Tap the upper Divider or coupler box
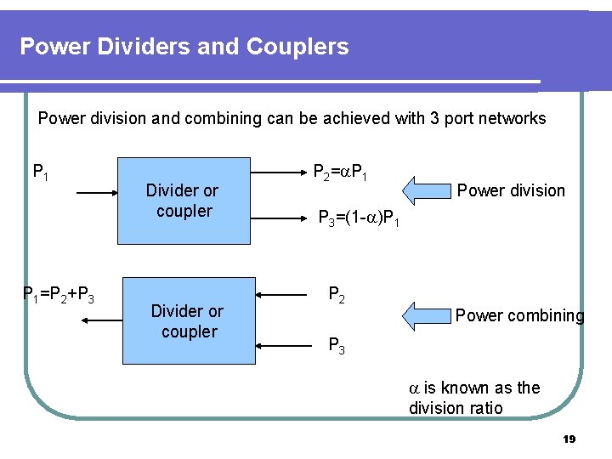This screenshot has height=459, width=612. tap(182, 201)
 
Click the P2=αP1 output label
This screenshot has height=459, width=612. tap(340, 173)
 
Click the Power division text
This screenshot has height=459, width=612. tap(511, 190)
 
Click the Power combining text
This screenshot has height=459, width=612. tap(519, 316)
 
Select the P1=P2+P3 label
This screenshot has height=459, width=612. tap(58, 295)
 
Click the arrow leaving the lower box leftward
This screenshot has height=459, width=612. tap(103, 320)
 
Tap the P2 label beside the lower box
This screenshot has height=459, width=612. tap(337, 295)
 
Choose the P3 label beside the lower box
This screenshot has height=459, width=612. tap(337, 345)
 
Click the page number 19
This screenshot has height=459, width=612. tap(569, 439)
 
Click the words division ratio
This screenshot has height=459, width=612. tap(456, 408)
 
